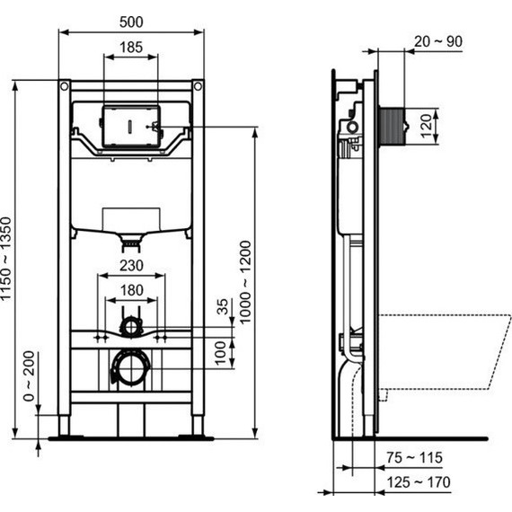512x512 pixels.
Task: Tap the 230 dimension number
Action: pyautogui.click(x=131, y=266)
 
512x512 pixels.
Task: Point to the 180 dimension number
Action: pyautogui.click(x=131, y=289)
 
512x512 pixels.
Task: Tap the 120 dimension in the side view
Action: pyautogui.click(x=426, y=125)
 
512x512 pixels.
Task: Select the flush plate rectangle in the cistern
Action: pyautogui.click(x=131, y=123)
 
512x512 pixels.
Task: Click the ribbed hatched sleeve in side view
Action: pyautogui.click(x=392, y=125)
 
